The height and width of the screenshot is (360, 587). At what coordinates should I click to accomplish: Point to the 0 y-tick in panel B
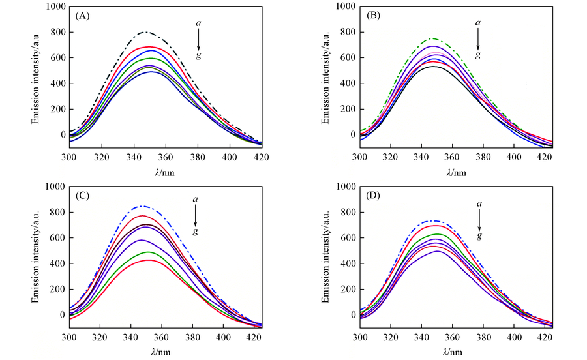pyautogui.click(x=352, y=135)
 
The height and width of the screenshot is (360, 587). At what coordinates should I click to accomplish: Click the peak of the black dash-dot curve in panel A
pyautogui.click(x=146, y=31)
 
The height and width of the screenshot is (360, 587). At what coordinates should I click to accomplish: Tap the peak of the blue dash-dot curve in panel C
pyautogui.click(x=143, y=206)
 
